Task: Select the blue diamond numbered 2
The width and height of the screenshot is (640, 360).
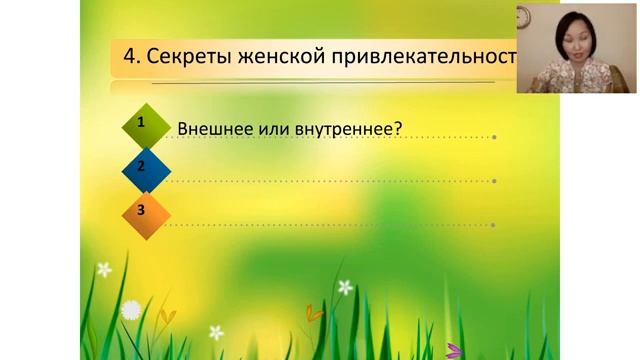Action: pos(142,167)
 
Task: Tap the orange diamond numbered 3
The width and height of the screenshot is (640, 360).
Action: pos(142,210)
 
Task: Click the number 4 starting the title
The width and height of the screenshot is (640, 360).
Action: pos(129,57)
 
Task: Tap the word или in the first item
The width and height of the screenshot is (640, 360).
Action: pos(269,128)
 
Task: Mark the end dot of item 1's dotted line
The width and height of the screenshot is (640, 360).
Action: pos(494,137)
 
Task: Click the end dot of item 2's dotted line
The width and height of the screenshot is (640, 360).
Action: pos(494,181)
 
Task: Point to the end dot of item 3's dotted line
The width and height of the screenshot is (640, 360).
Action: pos(494,224)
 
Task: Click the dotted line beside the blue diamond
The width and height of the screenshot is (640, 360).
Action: pos(330,181)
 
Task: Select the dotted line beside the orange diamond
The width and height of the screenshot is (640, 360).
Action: pos(330,224)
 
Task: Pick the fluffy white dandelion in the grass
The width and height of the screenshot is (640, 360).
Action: pos(131,310)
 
